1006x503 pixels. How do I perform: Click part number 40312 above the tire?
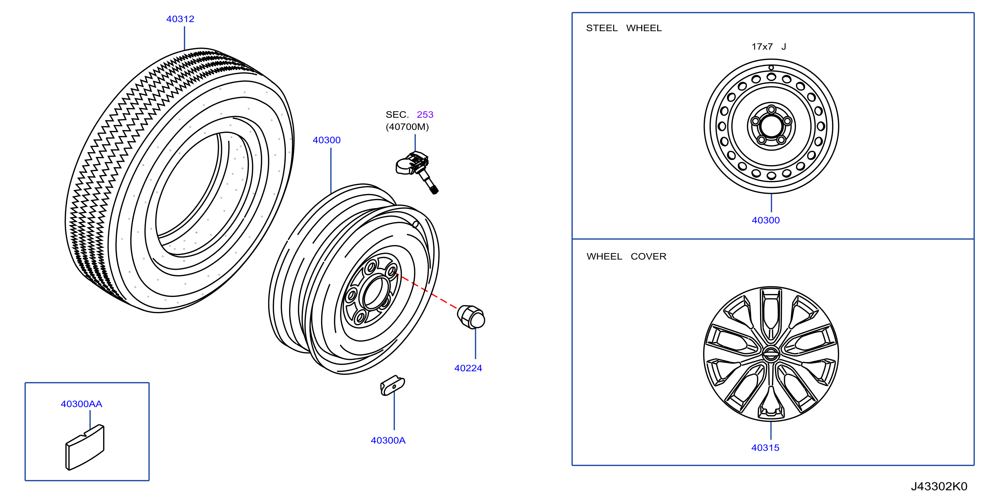tap(180, 19)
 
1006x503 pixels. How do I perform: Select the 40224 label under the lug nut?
tap(468, 368)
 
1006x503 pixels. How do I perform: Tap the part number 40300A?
tap(388, 440)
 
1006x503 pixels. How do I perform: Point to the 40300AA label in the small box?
tap(81, 404)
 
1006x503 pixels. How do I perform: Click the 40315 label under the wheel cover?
tap(765, 448)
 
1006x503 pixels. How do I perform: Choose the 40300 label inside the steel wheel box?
tap(765, 220)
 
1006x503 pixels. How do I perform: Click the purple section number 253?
tap(425, 114)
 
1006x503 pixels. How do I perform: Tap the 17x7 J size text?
tap(768, 47)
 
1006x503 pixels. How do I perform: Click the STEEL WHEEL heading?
tap(624, 28)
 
